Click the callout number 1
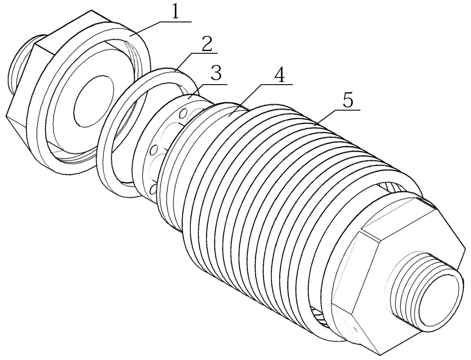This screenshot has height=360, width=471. click(175, 12)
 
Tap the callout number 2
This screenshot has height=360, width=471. click(206, 44)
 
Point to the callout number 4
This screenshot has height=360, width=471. click(279, 75)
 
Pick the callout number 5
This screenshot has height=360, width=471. click(347, 100)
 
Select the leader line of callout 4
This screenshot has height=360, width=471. click(248, 99)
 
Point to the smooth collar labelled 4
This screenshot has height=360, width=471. click(228, 114)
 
